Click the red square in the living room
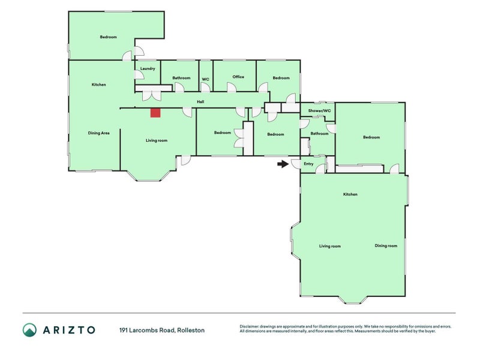(155, 112)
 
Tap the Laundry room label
(148, 68)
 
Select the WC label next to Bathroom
(205, 79)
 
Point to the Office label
(238, 77)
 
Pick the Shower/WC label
(319, 111)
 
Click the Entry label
(309, 164)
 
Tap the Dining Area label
(98, 133)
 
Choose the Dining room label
(386, 246)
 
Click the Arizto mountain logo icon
(30, 330)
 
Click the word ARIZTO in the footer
(69, 330)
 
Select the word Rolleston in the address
(191, 330)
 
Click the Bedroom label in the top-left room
(108, 37)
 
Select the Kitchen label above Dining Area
(99, 85)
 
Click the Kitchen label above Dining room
(350, 194)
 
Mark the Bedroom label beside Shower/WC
(371, 137)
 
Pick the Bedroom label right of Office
(281, 78)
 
